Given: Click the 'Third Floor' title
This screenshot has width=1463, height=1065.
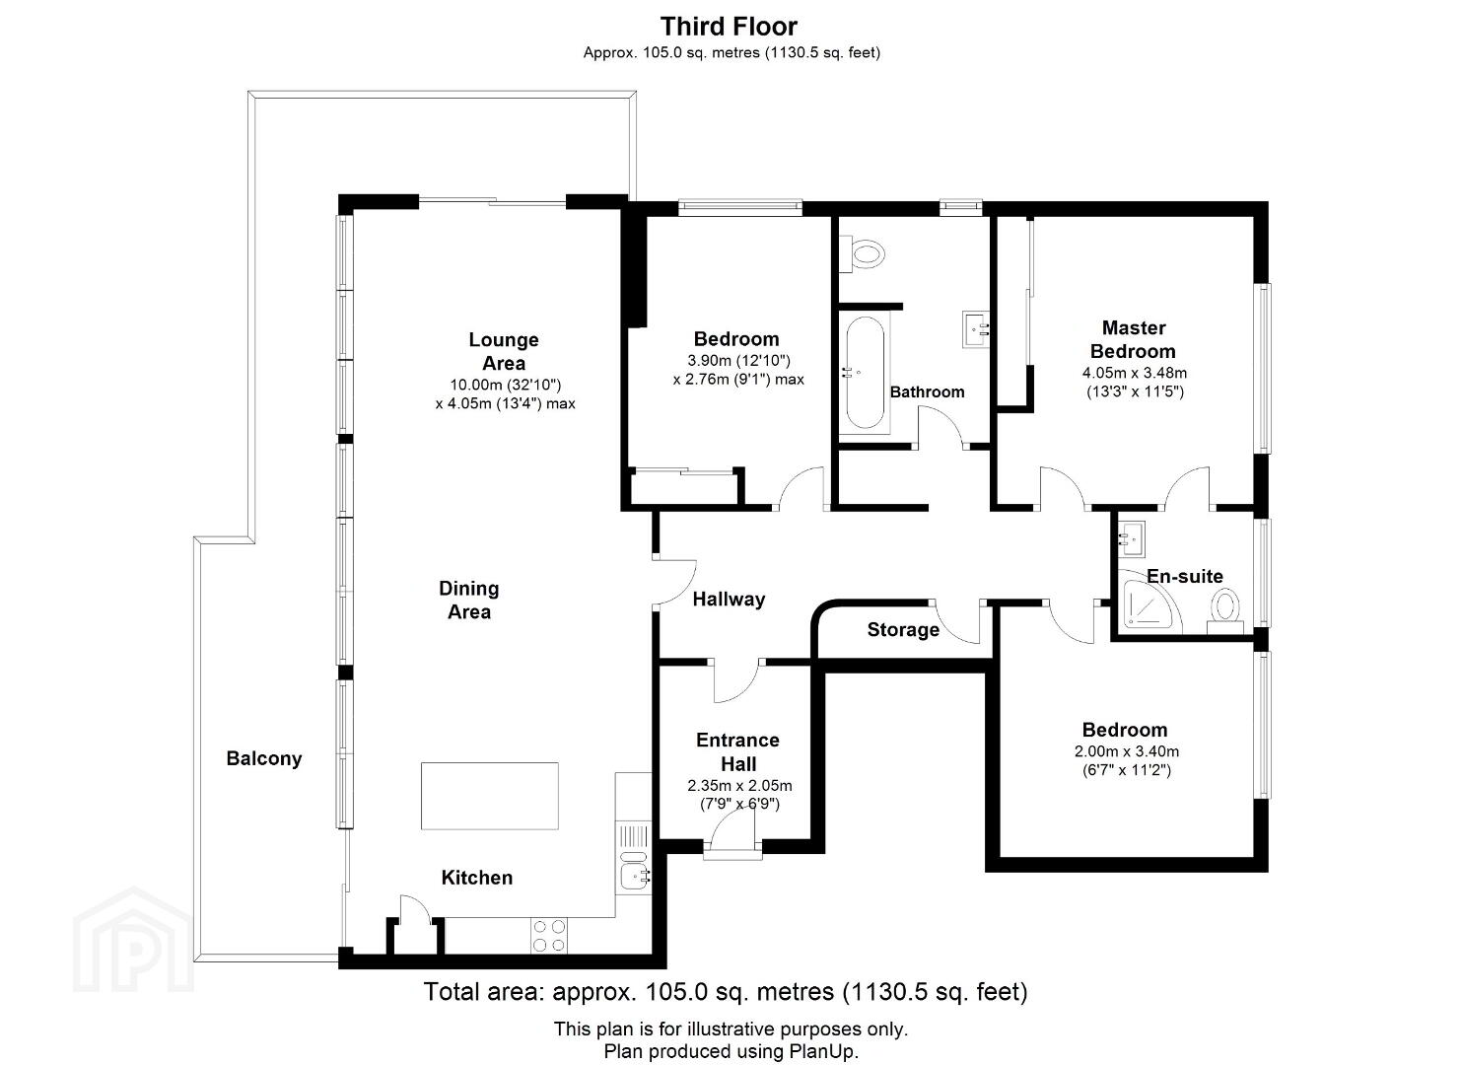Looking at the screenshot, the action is point(729,27).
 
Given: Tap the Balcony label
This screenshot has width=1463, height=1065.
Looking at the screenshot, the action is point(264,758).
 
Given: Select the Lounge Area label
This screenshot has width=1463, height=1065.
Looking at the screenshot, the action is point(504,351).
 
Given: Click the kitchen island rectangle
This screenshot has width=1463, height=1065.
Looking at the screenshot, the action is point(490,796).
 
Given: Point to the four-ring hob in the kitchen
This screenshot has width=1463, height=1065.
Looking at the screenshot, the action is point(548,936).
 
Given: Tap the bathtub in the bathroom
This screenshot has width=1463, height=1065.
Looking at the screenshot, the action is point(865,373).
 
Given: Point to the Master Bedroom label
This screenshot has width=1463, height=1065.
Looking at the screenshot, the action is point(1133,339).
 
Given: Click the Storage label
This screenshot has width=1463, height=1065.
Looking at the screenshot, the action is point(903,630).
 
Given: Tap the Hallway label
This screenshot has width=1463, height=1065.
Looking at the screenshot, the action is point(729,600).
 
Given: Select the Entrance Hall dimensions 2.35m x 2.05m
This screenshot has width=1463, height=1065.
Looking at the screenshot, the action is point(739,785).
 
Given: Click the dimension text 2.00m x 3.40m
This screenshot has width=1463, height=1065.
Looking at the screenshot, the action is point(1127,751).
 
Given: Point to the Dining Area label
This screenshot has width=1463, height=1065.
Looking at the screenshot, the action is point(469,600).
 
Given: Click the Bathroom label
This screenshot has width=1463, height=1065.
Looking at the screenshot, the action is point(927,392).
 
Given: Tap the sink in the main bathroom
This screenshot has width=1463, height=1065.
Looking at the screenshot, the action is point(976,329).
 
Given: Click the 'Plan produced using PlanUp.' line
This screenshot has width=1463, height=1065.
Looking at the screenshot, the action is point(731,1051).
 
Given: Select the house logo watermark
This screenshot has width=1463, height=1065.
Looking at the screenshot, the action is point(134,941).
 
